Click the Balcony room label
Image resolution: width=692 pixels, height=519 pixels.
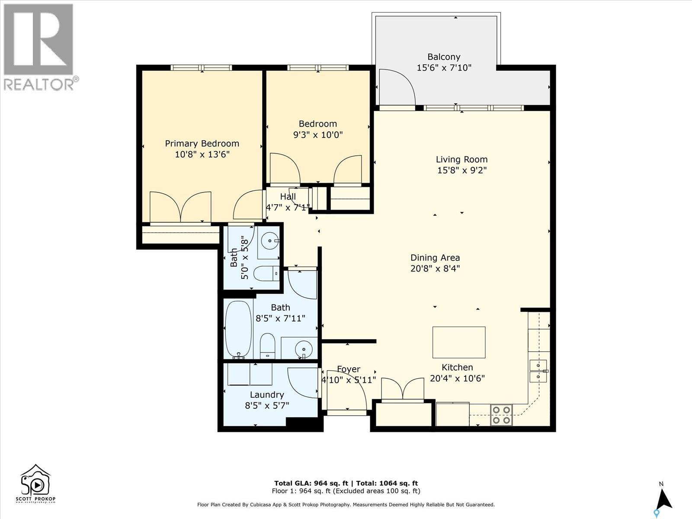[444, 57]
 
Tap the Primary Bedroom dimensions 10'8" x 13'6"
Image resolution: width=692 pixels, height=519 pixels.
[202, 154]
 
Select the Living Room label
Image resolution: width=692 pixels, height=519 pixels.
[461, 159]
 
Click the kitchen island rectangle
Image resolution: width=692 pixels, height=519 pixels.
[459, 342]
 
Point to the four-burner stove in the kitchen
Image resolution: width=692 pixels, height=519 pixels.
[501, 414]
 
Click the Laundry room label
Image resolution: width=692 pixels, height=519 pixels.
[267, 394]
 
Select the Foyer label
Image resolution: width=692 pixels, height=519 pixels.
[349, 369]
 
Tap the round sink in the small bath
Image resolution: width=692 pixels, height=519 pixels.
[270, 240]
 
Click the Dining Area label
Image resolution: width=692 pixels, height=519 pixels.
[435, 258]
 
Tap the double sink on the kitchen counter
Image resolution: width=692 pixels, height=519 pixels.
[538, 371]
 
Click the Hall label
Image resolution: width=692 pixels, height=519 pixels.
[288, 197]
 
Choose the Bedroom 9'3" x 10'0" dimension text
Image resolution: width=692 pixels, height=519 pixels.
[318, 135]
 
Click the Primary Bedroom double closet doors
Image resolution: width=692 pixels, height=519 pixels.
[180, 207]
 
